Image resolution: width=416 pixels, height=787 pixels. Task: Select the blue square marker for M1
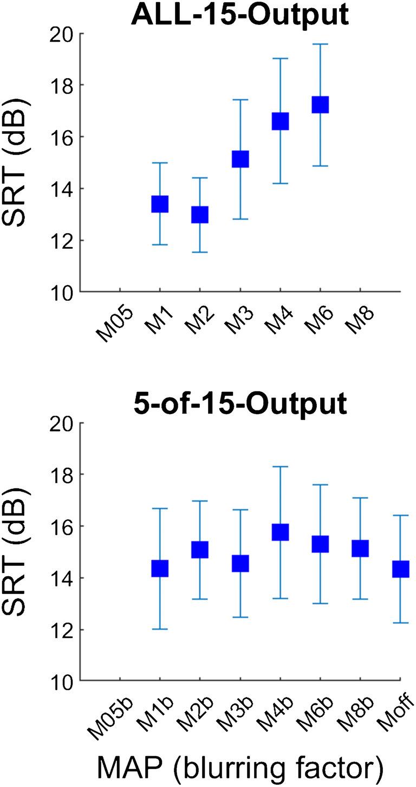pyautogui.click(x=159, y=204)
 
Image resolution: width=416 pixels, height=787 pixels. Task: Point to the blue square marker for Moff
pyautogui.click(x=400, y=569)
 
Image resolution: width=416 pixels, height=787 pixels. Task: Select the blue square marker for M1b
pyautogui.click(x=159, y=569)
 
